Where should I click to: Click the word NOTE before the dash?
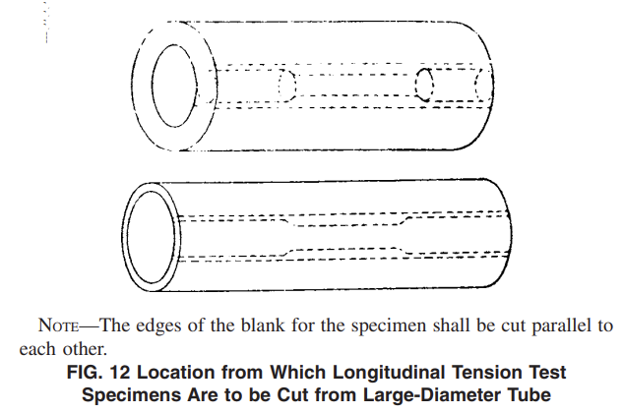pyautogui.click(x=58, y=325)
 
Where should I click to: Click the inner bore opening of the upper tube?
pyautogui.click(x=174, y=86)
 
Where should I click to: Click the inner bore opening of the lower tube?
pyautogui.click(x=152, y=237)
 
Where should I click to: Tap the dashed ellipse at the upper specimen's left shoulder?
pyautogui.click(x=287, y=86)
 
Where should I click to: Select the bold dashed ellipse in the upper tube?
pyautogui.click(x=424, y=85)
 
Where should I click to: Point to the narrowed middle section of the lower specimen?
pyautogui.click(x=345, y=237)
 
